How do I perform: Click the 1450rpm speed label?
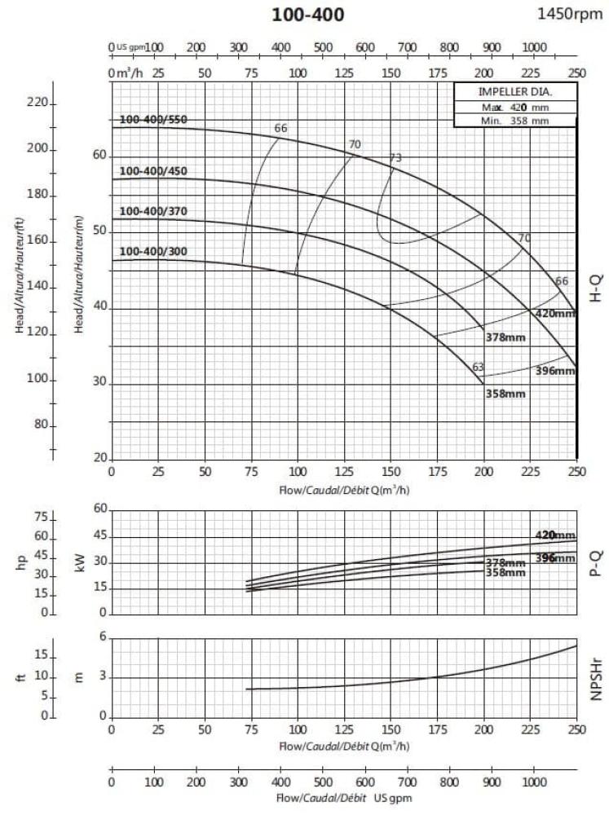point(570,13)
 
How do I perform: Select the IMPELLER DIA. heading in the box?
point(514,91)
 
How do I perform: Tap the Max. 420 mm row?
point(514,107)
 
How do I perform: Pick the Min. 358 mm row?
point(514,121)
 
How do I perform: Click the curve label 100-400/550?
point(153,120)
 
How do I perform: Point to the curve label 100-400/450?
point(153,171)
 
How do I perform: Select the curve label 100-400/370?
point(153,212)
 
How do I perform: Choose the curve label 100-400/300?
point(153,251)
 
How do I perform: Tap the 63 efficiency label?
point(479,367)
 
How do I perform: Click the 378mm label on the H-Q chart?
point(505,337)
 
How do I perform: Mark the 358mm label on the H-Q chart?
point(505,394)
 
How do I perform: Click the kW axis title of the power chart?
point(80,562)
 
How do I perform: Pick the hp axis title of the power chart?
point(22,562)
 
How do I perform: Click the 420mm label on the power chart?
point(555,535)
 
